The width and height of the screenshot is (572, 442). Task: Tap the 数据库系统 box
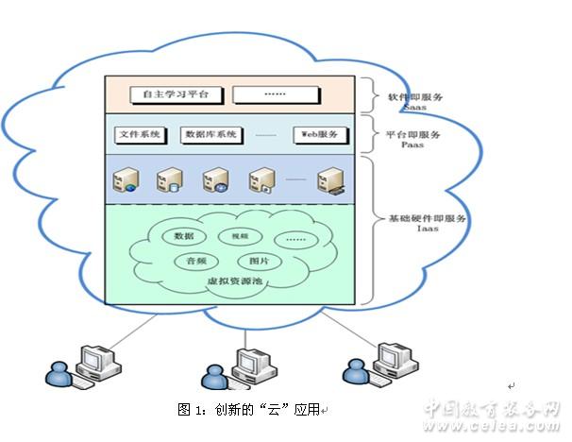point(210,135)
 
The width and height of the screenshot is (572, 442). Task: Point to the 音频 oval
point(196,260)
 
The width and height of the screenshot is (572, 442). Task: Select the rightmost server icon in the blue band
point(329,179)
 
